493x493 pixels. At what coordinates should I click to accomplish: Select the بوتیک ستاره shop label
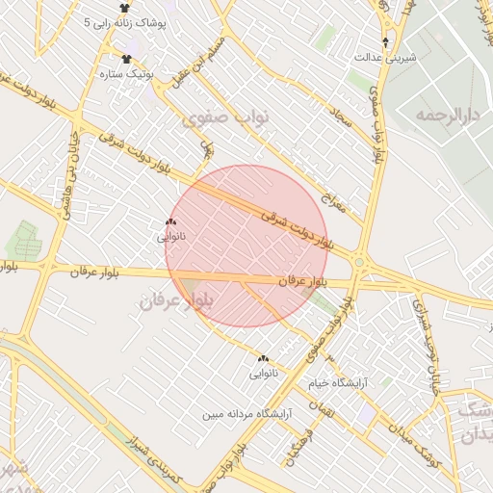point(127,72)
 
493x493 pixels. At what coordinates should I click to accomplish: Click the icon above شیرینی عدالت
point(386,42)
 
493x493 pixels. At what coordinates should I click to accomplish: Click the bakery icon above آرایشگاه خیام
point(263,358)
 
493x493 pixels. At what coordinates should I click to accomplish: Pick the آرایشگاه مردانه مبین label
point(246,414)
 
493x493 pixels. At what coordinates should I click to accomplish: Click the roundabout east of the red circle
point(359,261)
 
